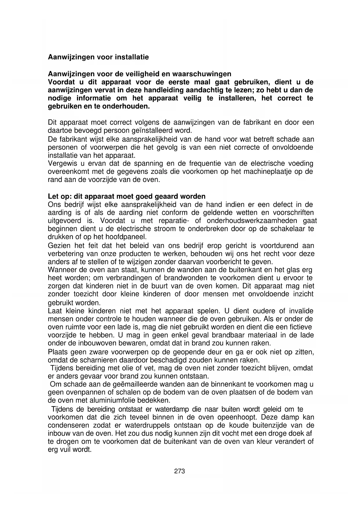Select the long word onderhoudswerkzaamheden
(x=250, y=221)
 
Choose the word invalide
(x=301, y=311)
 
